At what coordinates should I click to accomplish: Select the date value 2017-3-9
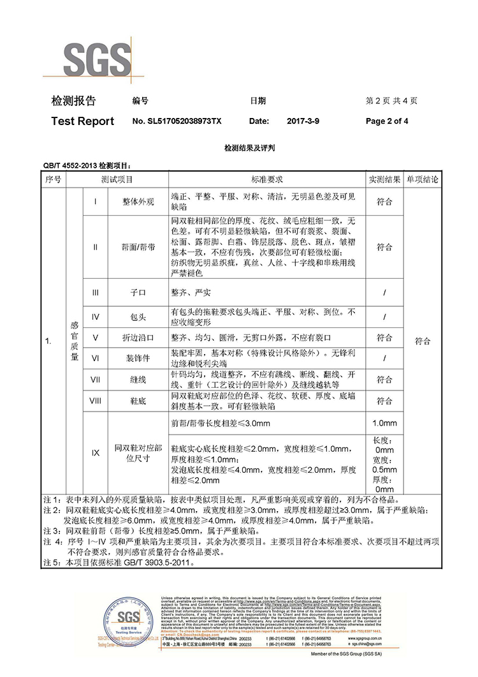[x=299, y=121]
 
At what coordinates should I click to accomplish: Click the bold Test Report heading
[x=82, y=121]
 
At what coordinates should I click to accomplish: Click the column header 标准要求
[x=267, y=181]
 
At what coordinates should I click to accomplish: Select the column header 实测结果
[x=384, y=181]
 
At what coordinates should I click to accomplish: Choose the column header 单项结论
[x=423, y=181]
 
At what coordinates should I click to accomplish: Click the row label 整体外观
[x=138, y=202]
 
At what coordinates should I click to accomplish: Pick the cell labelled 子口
[x=138, y=292]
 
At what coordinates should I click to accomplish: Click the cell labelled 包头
[x=138, y=316]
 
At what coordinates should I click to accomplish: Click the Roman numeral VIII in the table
[x=96, y=401]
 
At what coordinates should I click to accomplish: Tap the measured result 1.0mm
[x=384, y=423]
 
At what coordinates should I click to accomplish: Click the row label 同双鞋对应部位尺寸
[x=138, y=452]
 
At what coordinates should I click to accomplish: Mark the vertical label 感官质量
[x=74, y=341]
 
